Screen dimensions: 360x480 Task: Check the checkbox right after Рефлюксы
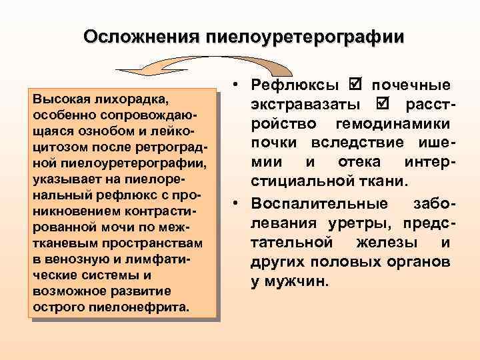[x=354, y=85]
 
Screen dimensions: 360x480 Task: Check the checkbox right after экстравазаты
[x=381, y=105]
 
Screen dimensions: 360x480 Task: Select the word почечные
[x=411, y=86]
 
